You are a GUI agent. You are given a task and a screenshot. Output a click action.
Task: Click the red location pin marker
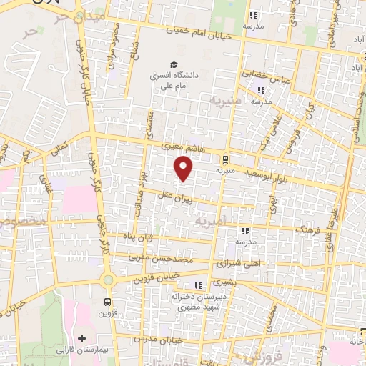[x=184, y=168]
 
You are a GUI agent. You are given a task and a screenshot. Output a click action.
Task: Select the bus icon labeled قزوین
[x=107, y=302]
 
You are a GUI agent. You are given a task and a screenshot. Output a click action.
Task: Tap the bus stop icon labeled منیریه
[x=226, y=159]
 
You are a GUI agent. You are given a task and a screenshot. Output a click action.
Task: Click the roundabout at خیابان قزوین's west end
[x=108, y=280]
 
